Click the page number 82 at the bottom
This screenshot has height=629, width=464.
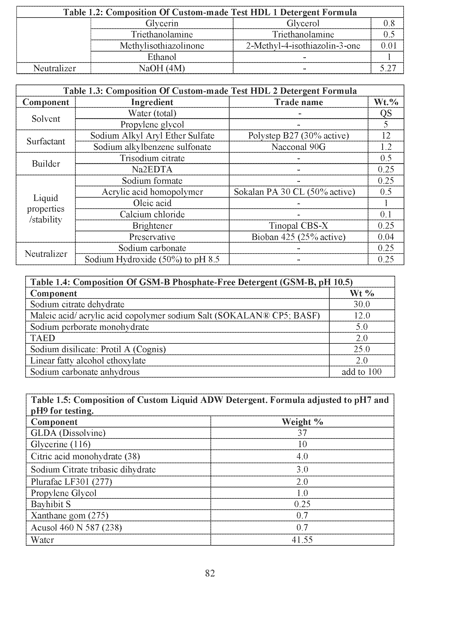(x=210, y=573)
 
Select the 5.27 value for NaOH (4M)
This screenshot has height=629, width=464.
(x=388, y=68)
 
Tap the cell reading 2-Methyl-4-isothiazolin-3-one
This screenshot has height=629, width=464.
(x=303, y=46)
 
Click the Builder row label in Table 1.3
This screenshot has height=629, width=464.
(x=46, y=164)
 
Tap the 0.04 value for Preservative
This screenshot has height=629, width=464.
(x=386, y=237)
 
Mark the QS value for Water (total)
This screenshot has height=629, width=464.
(x=386, y=113)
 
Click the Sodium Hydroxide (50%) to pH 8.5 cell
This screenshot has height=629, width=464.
(x=152, y=259)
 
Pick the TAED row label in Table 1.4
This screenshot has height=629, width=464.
(x=43, y=338)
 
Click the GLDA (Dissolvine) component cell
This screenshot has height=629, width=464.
(x=68, y=433)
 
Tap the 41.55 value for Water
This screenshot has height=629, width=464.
(x=302, y=540)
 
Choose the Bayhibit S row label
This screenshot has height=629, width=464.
(x=51, y=504)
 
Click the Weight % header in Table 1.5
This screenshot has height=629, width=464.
(x=302, y=422)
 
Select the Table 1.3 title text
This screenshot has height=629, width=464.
(x=210, y=91)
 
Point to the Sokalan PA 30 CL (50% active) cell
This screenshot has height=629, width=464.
(x=294, y=192)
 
